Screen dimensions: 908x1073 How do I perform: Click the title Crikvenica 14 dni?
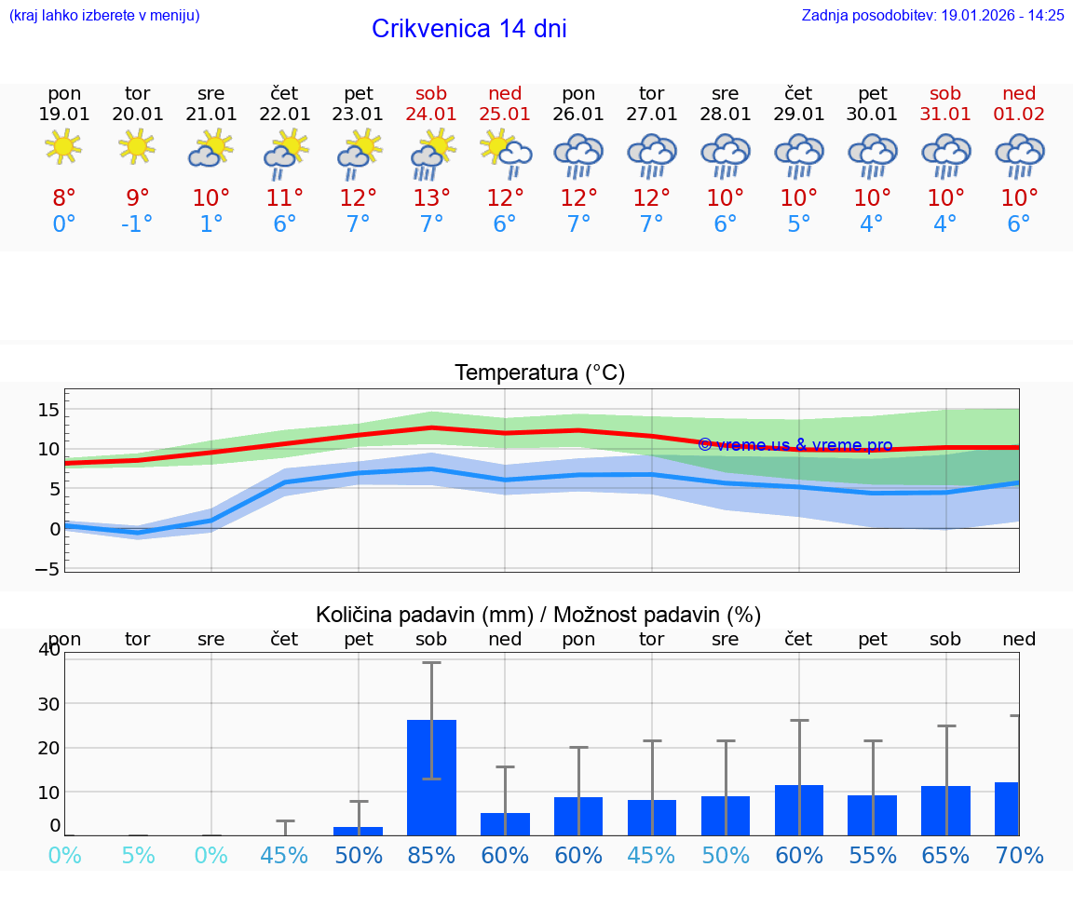click(469, 29)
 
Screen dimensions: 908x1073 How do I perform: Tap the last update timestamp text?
click(932, 15)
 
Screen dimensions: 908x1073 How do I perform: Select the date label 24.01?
click(431, 114)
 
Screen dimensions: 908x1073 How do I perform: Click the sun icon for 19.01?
click(63, 147)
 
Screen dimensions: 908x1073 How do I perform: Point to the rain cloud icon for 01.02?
click(1019, 156)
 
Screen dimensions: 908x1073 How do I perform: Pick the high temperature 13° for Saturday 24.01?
click(431, 197)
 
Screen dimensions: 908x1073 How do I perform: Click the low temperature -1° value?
click(137, 224)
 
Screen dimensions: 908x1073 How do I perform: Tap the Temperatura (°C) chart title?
click(539, 373)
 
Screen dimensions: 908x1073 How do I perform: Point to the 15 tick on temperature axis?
click(48, 410)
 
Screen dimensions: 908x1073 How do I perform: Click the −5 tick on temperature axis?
click(48, 568)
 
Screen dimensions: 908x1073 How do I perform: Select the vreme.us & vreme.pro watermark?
click(795, 445)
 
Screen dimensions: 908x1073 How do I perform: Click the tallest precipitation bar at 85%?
click(431, 778)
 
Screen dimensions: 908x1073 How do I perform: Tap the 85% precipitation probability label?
click(431, 855)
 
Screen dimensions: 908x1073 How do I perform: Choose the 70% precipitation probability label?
click(1019, 855)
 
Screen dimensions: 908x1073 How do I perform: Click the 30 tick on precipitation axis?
click(48, 703)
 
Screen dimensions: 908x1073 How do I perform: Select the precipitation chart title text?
click(538, 615)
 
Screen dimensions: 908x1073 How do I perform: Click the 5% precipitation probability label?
click(138, 855)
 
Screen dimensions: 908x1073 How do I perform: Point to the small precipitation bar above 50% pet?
click(359, 831)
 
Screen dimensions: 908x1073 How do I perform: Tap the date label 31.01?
click(945, 114)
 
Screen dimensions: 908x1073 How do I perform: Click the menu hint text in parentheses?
click(103, 15)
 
